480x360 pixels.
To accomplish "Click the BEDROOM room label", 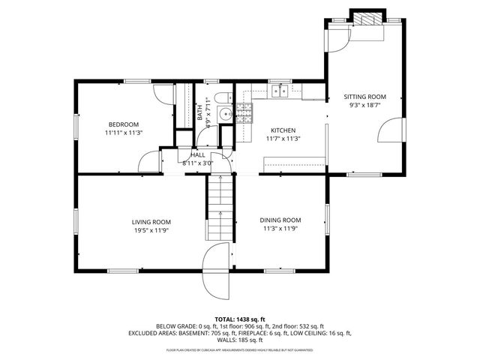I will pos(124,124).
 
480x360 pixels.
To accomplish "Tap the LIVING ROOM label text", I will pos(151,222).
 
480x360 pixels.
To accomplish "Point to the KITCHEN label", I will pos(283,130).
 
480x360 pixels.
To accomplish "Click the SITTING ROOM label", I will pos(364,97).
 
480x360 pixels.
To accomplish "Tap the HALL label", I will pos(198,154).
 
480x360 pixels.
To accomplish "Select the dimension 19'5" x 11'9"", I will pos(151,230).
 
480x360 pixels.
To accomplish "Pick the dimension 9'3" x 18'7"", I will pos(364,106).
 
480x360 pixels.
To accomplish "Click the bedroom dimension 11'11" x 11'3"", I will pos(124,133).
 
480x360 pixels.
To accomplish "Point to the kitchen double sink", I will pos(281,91).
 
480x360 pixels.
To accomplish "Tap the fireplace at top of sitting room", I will pos(366,19).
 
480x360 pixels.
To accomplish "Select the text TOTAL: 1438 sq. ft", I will pos(240,319).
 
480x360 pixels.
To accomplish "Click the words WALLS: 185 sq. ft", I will pos(240,340).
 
